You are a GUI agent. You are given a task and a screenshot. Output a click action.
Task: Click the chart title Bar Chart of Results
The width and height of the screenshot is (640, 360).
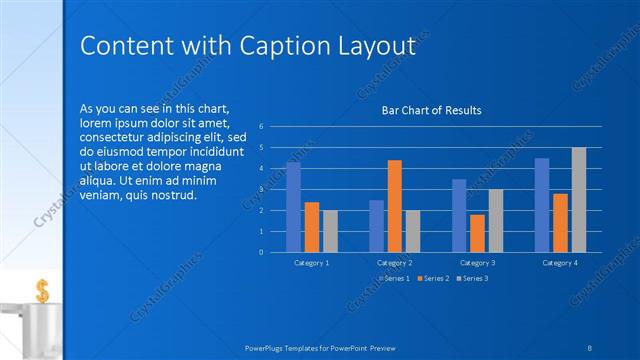432,110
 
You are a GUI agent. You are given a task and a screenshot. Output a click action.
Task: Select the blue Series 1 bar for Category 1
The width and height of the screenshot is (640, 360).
293,206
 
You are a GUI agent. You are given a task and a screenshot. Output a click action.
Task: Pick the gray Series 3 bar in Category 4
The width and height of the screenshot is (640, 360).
579,199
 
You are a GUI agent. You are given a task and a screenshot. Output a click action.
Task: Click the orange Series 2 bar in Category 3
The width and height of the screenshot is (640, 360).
477,233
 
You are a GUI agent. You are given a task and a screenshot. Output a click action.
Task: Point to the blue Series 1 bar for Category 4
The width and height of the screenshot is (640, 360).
542,204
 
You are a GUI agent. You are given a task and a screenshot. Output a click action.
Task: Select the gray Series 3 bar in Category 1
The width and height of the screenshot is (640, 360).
330,231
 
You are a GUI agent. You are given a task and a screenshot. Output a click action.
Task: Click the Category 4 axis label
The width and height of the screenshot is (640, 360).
560,262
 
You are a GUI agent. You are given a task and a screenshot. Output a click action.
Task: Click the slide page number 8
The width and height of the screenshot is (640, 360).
591,347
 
